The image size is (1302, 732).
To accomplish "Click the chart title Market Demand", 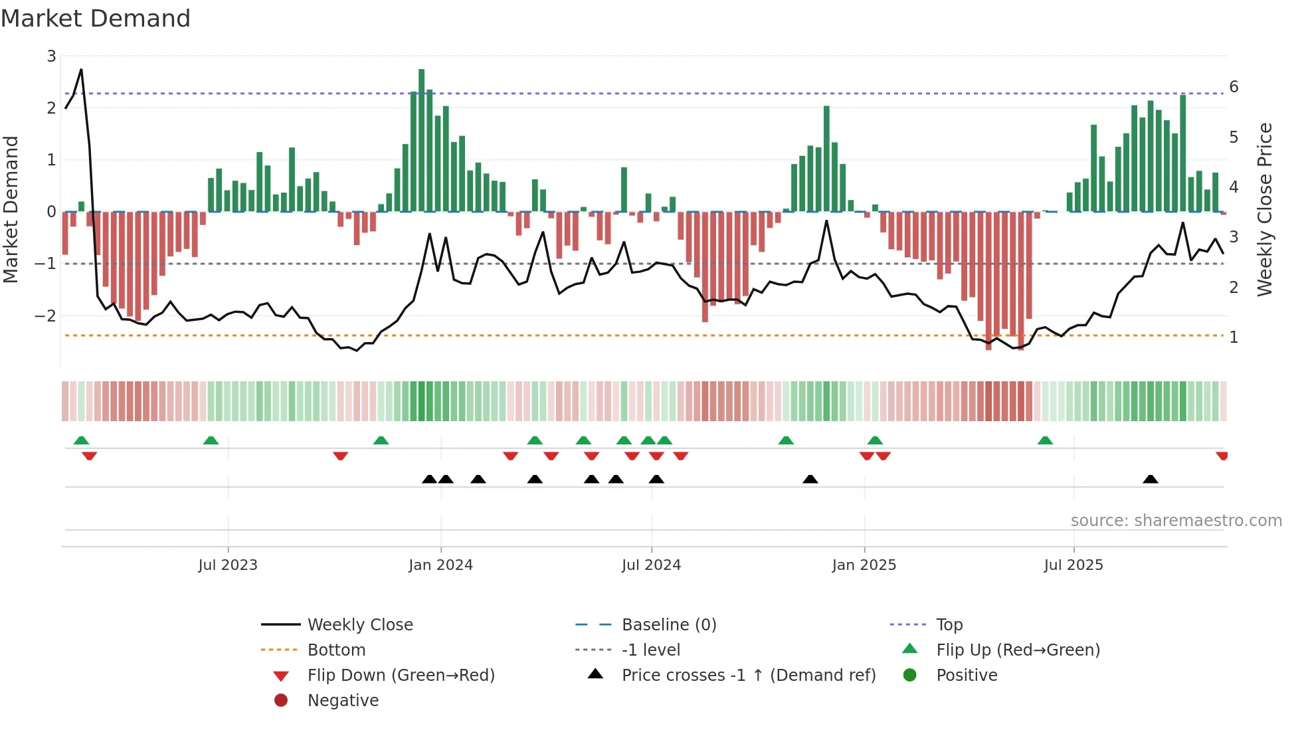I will [x=96, y=19].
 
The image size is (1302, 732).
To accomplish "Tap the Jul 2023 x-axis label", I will [x=228, y=565].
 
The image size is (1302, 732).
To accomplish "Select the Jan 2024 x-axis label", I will [x=440, y=565].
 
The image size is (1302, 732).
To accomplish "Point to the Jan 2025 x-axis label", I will [x=864, y=565].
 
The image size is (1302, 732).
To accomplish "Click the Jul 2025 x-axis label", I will [x=1073, y=565].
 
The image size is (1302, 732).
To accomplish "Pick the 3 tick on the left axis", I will [x=51, y=56].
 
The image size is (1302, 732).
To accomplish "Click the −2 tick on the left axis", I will [x=46, y=316].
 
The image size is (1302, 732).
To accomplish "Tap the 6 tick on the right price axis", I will [x=1234, y=87].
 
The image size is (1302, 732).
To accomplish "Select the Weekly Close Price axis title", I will [x=1265, y=209].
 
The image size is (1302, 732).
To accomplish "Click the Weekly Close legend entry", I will [x=359, y=625].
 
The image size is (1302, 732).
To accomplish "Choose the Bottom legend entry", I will [x=336, y=650].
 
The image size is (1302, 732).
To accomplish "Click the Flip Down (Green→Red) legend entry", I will [x=401, y=676].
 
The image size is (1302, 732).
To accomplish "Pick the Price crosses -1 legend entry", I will [x=748, y=676].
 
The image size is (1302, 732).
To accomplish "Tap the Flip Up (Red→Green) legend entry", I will [x=1018, y=650].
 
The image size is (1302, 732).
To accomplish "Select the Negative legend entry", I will [x=343, y=701].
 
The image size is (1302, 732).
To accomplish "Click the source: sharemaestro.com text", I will [x=1176, y=521].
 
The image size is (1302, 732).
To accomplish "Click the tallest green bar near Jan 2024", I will [x=422, y=139].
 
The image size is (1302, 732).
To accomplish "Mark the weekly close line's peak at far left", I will [x=81, y=69].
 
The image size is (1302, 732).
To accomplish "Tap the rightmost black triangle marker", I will [x=1151, y=480].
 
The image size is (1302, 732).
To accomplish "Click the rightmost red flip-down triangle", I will [x=1222, y=456].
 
